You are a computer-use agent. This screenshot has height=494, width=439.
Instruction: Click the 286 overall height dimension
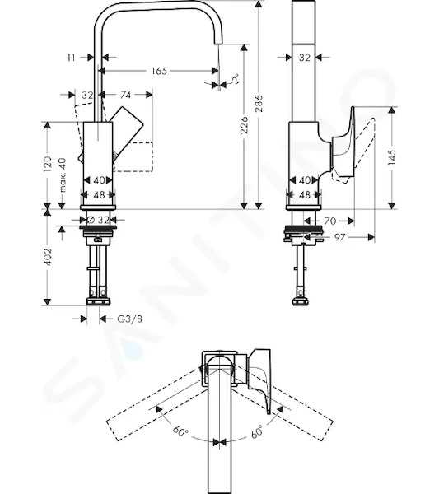[259, 103]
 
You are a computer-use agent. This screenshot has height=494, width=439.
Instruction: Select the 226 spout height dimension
[245, 125]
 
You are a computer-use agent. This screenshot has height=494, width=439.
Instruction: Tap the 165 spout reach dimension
[159, 71]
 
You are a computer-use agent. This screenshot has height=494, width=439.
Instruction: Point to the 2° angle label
[235, 78]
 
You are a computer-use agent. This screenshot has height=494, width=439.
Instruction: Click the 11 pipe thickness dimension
[72, 58]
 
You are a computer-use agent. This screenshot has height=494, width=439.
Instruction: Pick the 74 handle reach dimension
[125, 95]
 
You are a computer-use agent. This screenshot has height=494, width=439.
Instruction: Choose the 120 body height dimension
[47, 164]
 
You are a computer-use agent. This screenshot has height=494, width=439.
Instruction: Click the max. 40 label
[63, 175]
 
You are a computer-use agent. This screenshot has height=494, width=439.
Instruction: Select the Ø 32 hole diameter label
[98, 220]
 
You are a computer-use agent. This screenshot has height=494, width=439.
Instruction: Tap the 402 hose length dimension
[47, 257]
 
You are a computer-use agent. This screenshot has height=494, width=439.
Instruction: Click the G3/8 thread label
[129, 319]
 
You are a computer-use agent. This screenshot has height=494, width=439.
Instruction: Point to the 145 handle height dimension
[392, 157]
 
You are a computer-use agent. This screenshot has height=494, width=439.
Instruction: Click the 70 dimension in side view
[330, 221]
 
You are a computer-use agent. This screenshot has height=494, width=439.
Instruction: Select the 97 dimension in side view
[339, 237]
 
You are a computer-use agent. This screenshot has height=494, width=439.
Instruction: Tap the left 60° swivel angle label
[180, 431]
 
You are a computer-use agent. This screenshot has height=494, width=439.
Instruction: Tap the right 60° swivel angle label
[256, 431]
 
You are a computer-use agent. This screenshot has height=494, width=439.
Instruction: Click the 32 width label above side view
[305, 58]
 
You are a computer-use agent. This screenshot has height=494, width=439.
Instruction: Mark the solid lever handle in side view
[343, 143]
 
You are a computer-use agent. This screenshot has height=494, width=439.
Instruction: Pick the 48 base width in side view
[305, 195]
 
